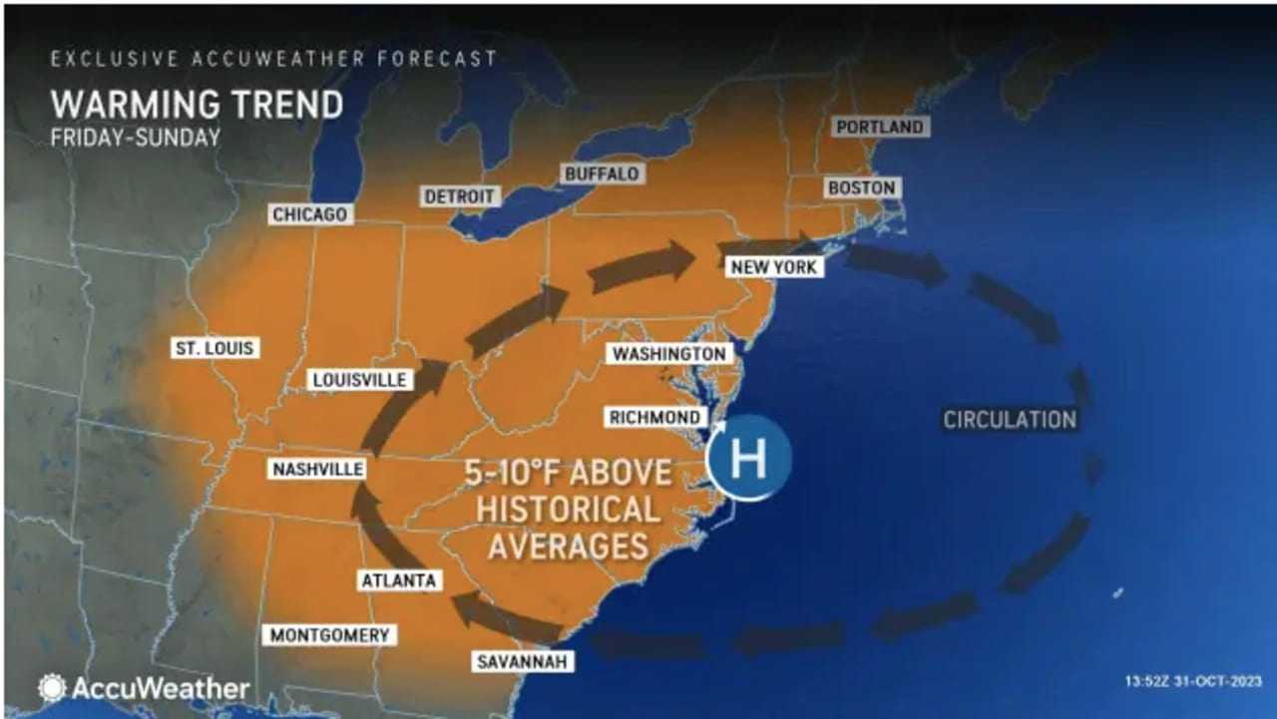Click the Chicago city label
point(311,214)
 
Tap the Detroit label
point(459,195)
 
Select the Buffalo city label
point(602,174)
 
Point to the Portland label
point(879,127)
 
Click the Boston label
point(861,187)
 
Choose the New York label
point(774,266)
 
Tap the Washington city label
point(668,354)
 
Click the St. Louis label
point(214,348)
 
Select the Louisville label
point(359,380)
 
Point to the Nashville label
point(315,469)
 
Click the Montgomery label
point(328,634)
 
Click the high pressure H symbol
point(748,460)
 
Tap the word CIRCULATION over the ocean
point(1010,419)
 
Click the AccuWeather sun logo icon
point(52,687)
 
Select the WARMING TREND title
point(197,105)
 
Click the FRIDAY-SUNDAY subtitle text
point(135,138)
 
